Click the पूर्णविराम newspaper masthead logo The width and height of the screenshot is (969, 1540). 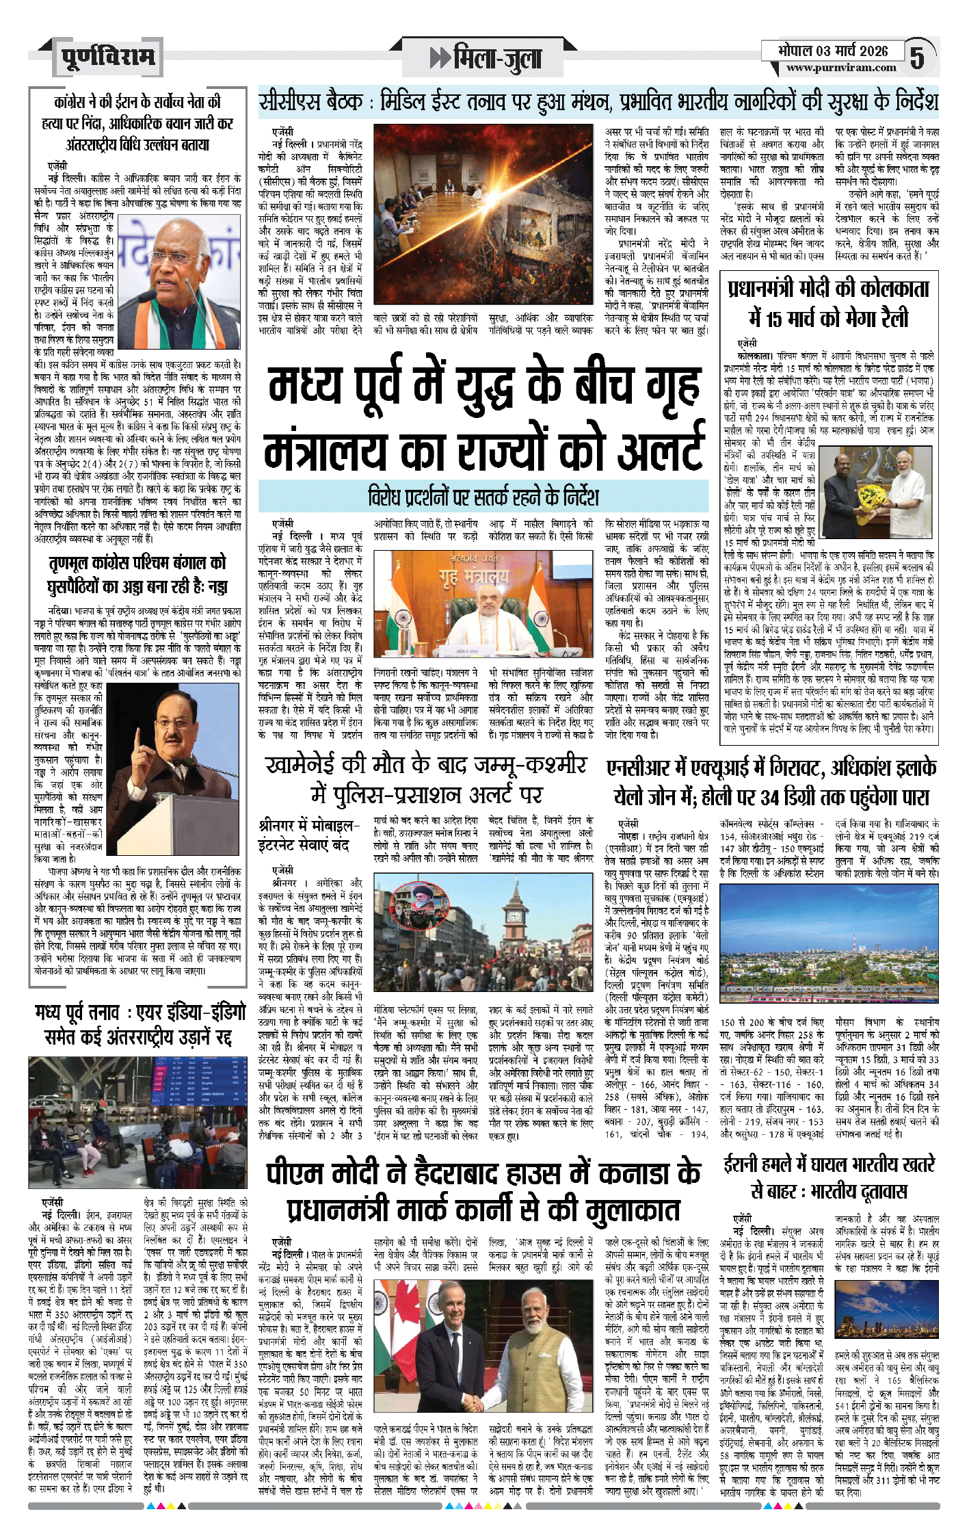pyautogui.click(x=108, y=57)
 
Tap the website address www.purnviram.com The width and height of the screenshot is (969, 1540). pyautogui.click(x=840, y=68)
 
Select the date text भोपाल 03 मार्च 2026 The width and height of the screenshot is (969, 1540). pyautogui.click(x=832, y=51)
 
